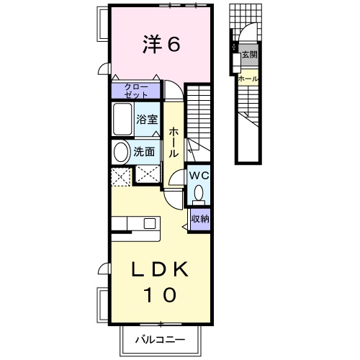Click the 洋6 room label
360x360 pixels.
(x=161, y=44)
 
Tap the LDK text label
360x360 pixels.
(x=161, y=269)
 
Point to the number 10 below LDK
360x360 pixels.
(x=160, y=294)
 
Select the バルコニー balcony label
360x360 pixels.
(x=161, y=340)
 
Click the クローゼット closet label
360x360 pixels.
(x=136, y=91)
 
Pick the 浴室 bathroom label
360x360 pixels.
(x=147, y=120)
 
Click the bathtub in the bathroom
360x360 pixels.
(x=122, y=119)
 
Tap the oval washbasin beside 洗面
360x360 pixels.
(x=121, y=152)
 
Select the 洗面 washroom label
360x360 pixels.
(x=144, y=152)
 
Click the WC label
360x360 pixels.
(x=199, y=176)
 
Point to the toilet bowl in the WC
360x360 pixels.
(x=199, y=194)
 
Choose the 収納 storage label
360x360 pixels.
(x=200, y=219)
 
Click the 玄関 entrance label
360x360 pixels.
(x=250, y=55)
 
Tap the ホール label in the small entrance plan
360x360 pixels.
(x=248, y=78)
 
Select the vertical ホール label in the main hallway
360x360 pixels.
(x=174, y=143)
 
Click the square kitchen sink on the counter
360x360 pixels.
(x=150, y=223)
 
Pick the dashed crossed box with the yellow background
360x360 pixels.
(x=121, y=177)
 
